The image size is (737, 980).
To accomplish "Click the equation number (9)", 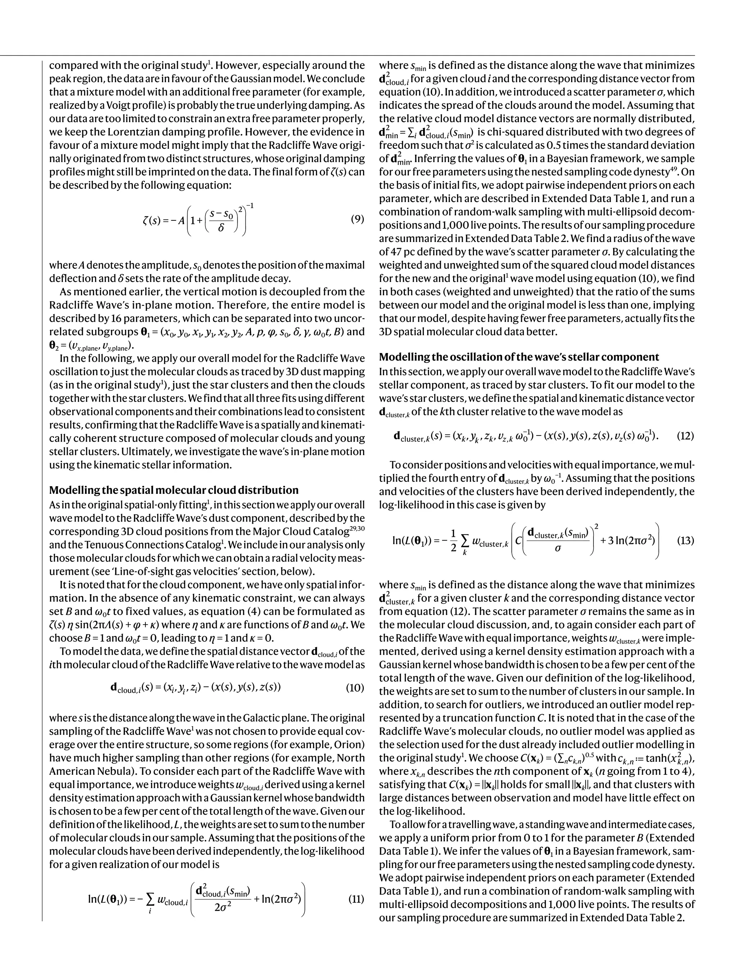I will (x=357, y=219).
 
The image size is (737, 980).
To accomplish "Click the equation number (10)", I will (x=354, y=687).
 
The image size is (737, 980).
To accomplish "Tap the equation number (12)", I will (x=685, y=435).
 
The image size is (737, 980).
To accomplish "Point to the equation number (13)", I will (x=685, y=540).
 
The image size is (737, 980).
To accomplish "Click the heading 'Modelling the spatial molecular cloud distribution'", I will (x=173, y=490).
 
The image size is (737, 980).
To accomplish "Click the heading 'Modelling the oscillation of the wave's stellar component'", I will (x=519, y=357).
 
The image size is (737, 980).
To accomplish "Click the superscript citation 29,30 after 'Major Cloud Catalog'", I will (x=358, y=529).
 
